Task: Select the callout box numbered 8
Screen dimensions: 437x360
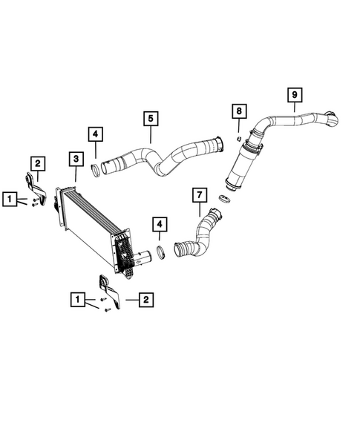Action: point(238,111)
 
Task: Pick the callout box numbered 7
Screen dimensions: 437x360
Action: point(198,196)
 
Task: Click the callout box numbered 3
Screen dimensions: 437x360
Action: point(76,159)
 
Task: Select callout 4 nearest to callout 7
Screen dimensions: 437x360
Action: point(159,223)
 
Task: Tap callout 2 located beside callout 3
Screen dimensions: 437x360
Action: point(37,163)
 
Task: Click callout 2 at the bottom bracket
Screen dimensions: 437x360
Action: point(145,300)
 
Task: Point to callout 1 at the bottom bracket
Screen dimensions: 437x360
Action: point(76,300)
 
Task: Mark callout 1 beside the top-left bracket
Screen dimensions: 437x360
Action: point(8,198)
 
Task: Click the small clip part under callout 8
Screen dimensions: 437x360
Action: point(238,137)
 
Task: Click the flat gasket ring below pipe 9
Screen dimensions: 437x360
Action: point(224,198)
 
